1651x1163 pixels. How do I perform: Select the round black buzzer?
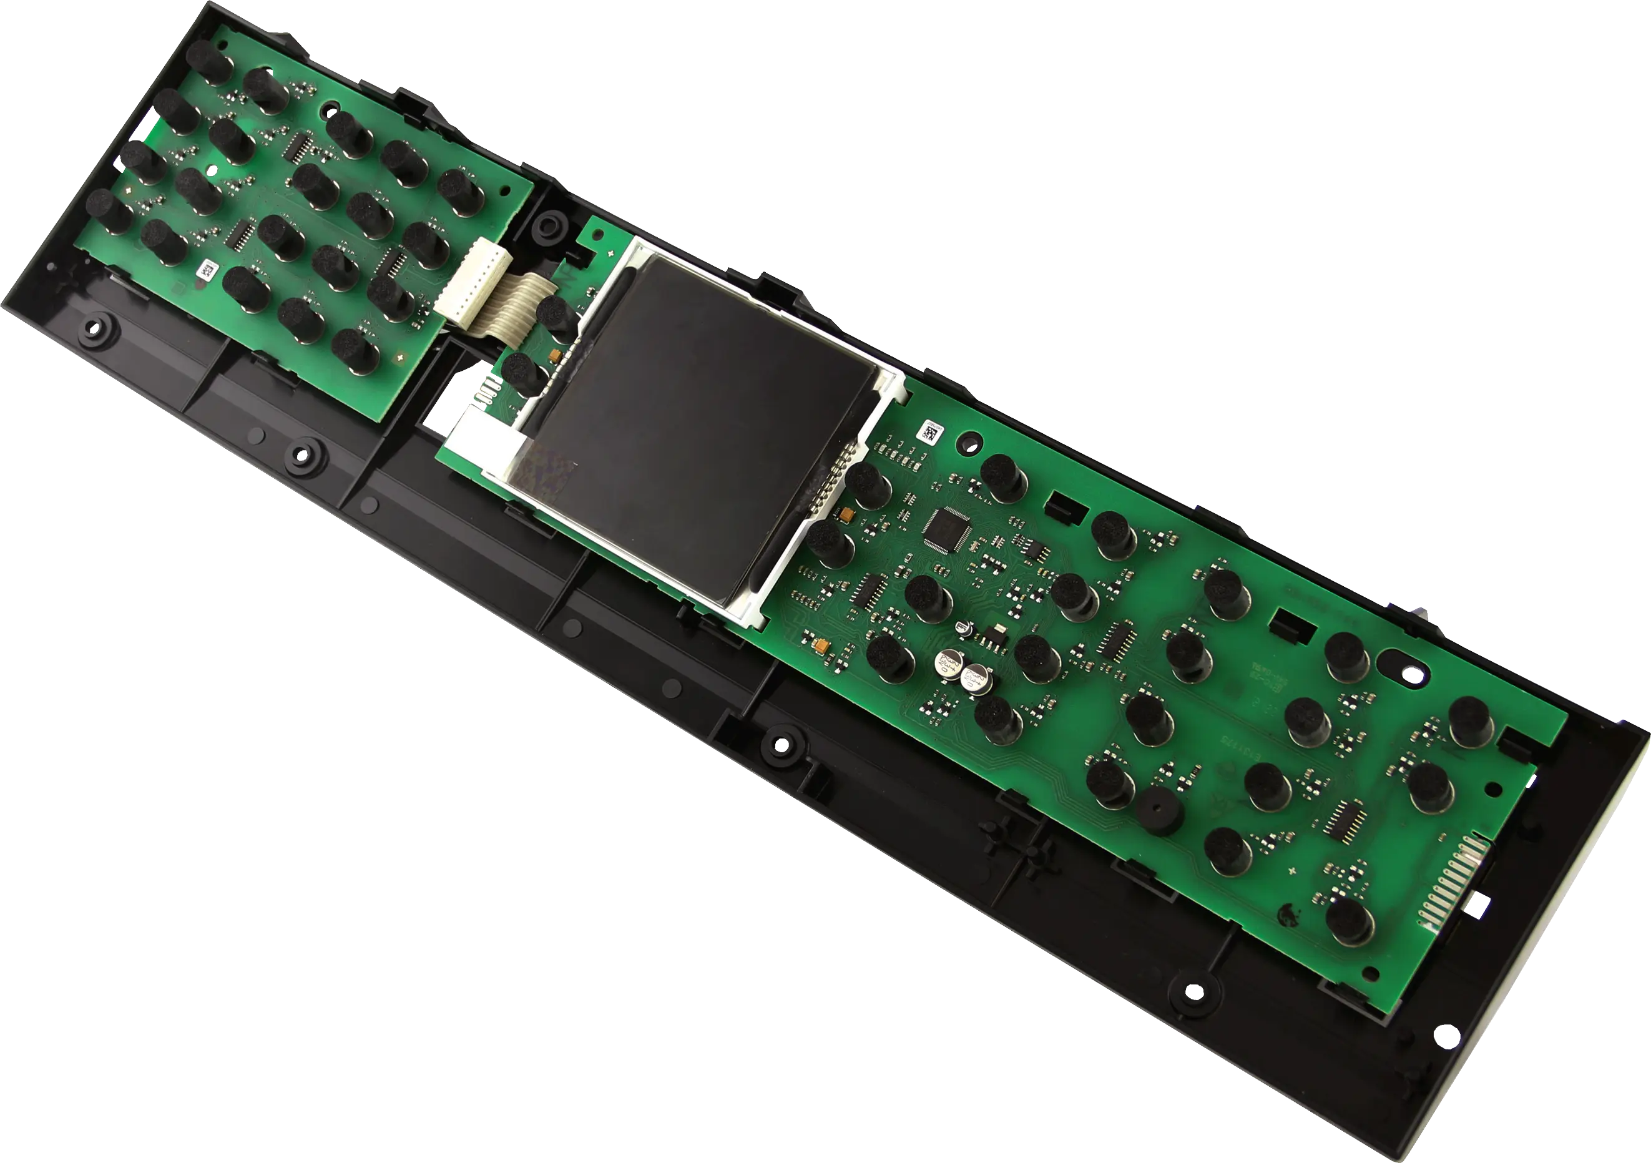(1160, 809)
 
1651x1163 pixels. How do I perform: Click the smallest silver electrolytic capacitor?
(964, 629)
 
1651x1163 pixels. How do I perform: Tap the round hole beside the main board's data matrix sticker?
(969, 439)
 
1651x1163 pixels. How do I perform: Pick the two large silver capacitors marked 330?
(961, 670)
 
